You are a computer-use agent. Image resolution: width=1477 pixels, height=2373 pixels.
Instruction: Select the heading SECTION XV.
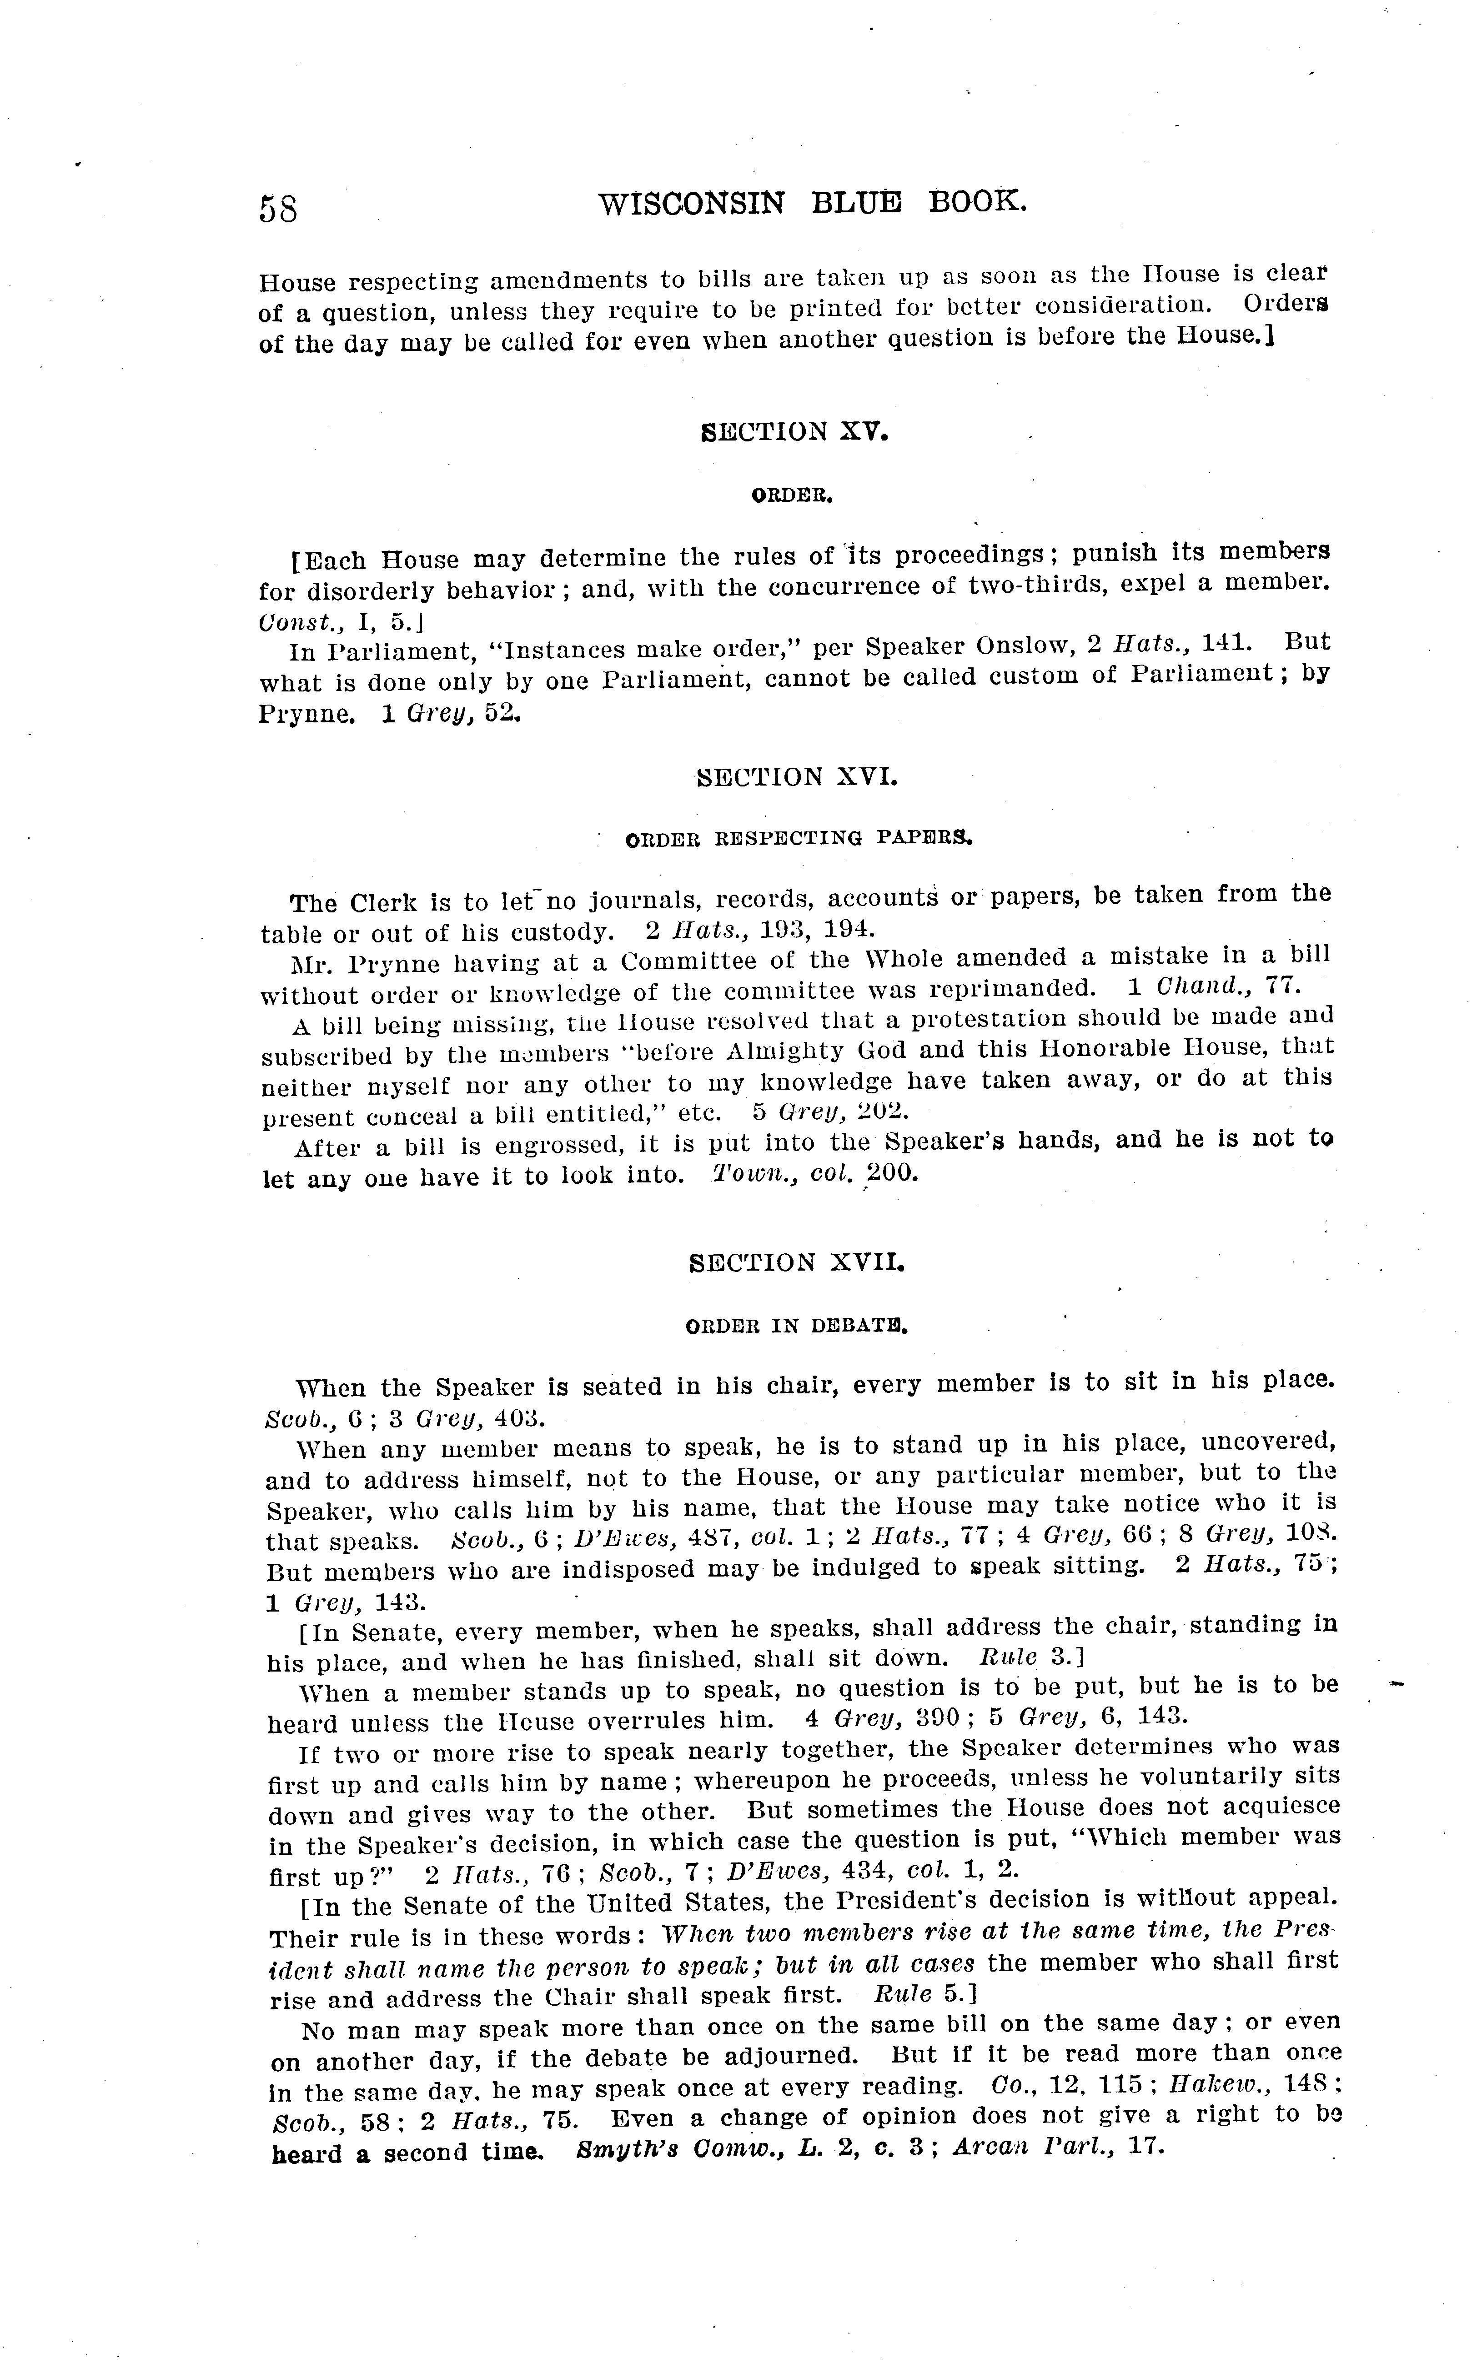click(x=794, y=431)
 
